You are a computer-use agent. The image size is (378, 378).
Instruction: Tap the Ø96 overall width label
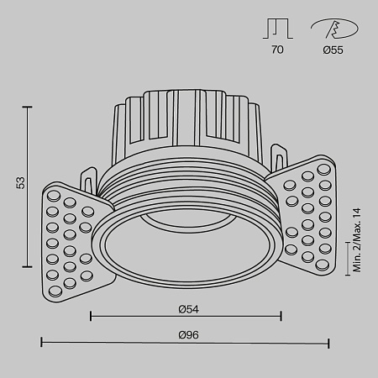[x=186, y=334]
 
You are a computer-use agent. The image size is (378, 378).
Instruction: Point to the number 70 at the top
[x=277, y=50]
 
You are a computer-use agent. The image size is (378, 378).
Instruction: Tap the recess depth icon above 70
[x=277, y=28]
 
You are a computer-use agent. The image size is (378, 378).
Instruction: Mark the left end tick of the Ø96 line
[x=42, y=343]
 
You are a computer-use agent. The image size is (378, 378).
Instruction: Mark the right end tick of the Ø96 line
[x=328, y=343]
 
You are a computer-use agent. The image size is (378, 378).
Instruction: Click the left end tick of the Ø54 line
[x=90, y=317]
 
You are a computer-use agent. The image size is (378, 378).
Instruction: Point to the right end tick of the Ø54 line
[x=281, y=317]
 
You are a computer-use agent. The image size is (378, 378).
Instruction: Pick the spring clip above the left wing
[x=88, y=179]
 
